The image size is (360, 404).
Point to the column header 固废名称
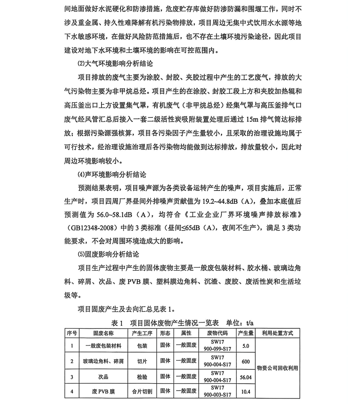103,333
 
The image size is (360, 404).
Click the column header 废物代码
217,333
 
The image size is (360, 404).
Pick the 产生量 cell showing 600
246,362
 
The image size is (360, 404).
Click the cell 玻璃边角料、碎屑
103,362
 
